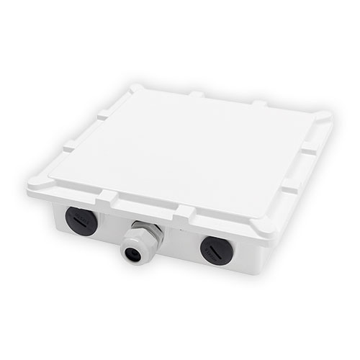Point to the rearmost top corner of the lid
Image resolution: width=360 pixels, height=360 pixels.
(137, 87)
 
